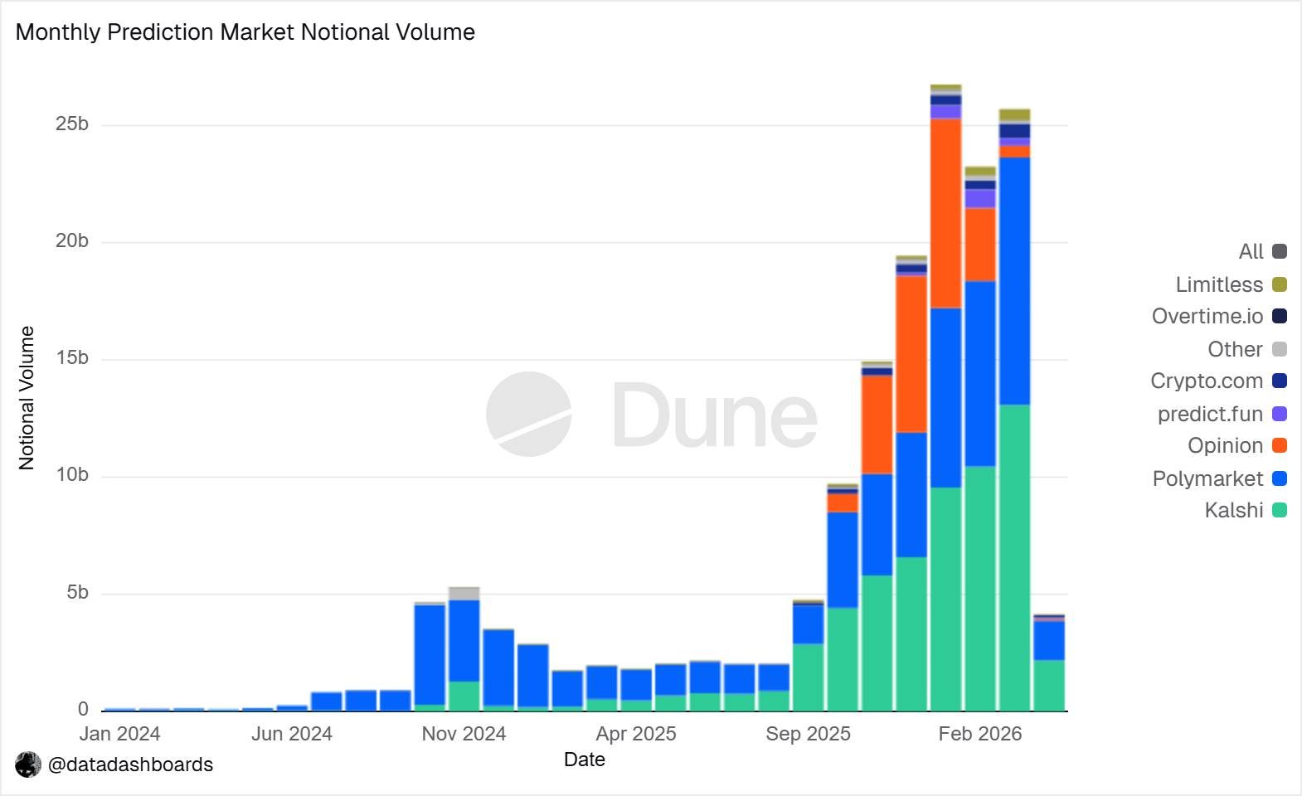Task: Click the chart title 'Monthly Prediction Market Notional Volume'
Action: pyautogui.click(x=245, y=32)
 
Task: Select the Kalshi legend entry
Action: pyautogui.click(x=1245, y=510)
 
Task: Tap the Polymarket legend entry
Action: pyautogui.click(x=1218, y=478)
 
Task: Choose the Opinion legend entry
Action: pyautogui.click(x=1236, y=445)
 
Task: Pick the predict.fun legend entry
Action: pyautogui.click(x=1221, y=414)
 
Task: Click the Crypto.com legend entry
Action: pyautogui.click(x=1217, y=381)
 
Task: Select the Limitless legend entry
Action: pyautogui.click(x=1230, y=284)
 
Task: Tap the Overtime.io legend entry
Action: pyautogui.click(x=1218, y=316)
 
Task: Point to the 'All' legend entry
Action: pyautogui.click(x=1261, y=251)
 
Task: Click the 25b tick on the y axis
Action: pyautogui.click(x=72, y=124)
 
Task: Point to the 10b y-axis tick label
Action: pyautogui.click(x=72, y=475)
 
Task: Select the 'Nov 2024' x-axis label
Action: pyautogui.click(x=464, y=734)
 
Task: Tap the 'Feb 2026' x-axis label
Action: pyautogui.click(x=980, y=734)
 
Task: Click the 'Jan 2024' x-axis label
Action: pyautogui.click(x=120, y=734)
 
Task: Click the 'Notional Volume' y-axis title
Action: pyautogui.click(x=27, y=398)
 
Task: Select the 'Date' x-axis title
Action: pyautogui.click(x=585, y=760)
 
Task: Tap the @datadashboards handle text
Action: pyautogui.click(x=130, y=764)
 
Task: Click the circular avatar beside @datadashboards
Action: pyautogui.click(x=28, y=764)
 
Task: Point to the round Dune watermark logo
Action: pyautogui.click(x=528, y=414)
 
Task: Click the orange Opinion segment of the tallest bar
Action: pyautogui.click(x=945, y=213)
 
